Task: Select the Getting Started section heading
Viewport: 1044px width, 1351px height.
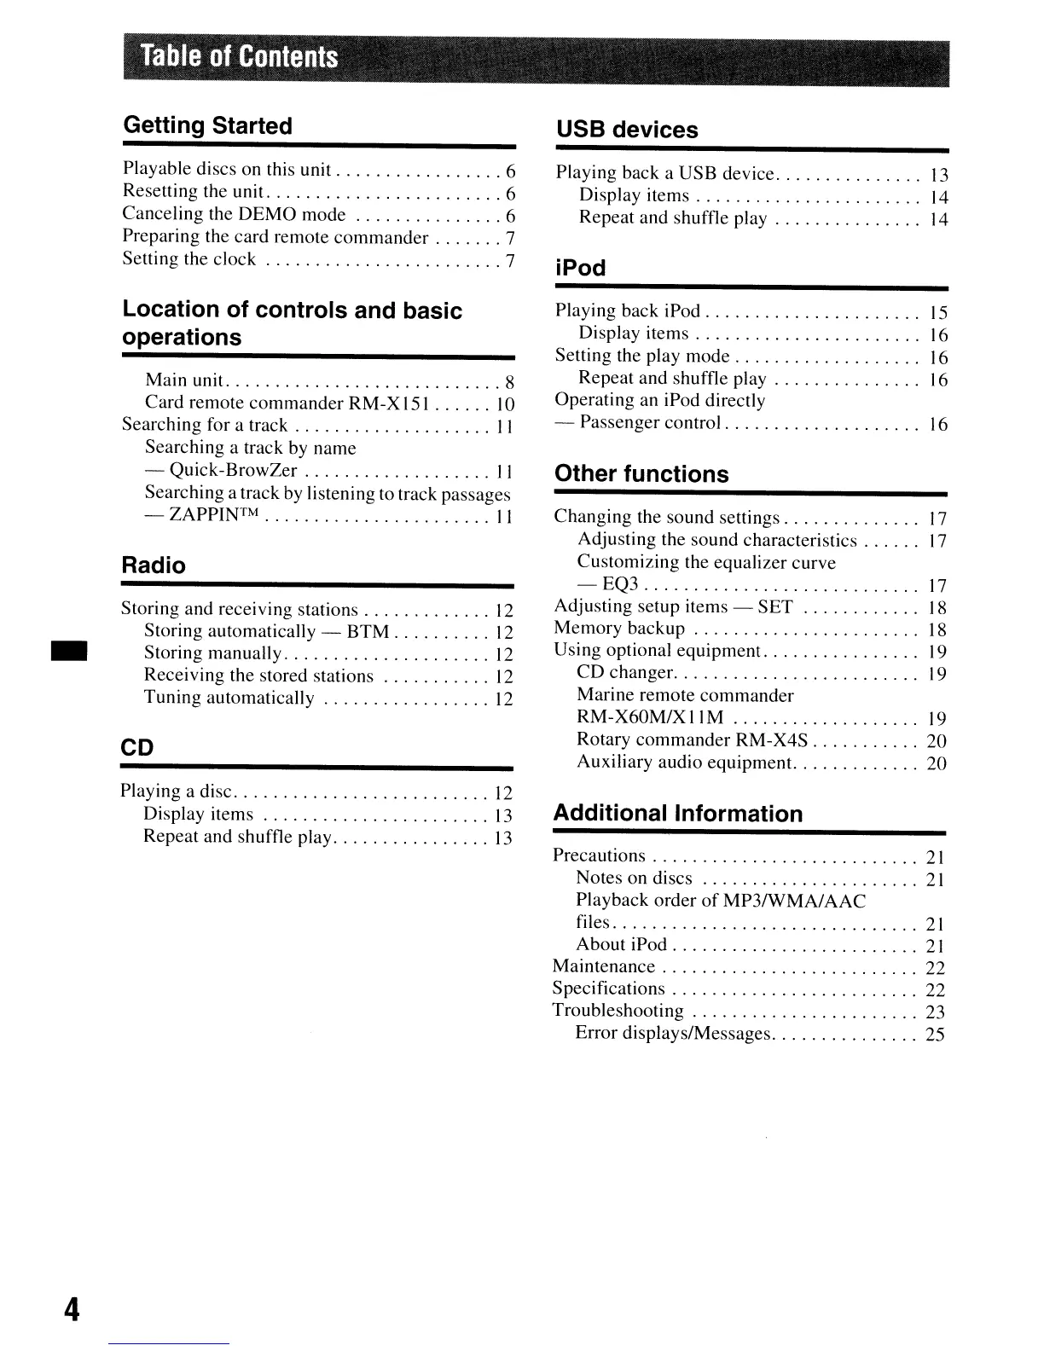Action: coord(207,126)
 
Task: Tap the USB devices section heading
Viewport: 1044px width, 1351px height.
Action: coord(626,130)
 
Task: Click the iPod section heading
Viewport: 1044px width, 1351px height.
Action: coord(580,268)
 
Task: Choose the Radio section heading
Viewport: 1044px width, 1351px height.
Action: coord(154,565)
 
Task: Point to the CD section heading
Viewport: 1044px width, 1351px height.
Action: coord(137,748)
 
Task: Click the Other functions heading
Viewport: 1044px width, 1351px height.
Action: coord(641,474)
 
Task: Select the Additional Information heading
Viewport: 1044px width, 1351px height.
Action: coord(678,814)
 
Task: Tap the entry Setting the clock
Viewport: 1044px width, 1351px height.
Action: coord(188,259)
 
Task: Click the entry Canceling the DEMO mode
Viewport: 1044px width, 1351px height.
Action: coord(234,214)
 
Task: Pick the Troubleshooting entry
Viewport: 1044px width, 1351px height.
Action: coord(618,1012)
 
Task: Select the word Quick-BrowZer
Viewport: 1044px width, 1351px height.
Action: coord(234,471)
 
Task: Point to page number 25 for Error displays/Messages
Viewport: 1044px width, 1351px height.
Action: coord(935,1035)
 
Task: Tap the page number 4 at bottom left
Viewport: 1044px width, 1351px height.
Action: coord(72,1309)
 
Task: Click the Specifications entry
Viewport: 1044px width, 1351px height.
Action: coord(608,989)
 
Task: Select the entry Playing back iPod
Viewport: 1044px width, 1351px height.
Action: coord(627,311)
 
